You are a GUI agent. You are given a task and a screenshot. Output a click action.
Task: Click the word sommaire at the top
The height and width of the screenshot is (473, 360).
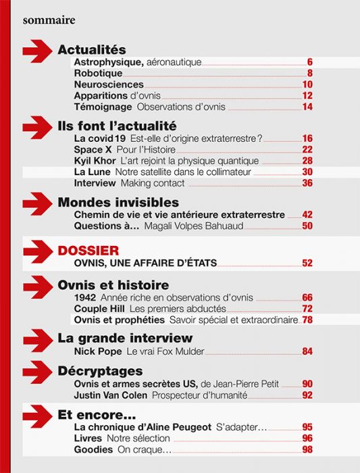pos(49,20)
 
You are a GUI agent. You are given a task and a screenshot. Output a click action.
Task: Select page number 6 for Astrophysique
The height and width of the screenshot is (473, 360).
pos(309,62)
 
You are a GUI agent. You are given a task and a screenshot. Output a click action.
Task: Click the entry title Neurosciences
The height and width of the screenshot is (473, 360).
pos(109,84)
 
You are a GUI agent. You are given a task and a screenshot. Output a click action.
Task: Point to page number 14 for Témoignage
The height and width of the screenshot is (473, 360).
pos(307,107)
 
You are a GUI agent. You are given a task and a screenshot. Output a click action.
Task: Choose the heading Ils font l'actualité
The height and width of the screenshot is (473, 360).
pos(117,126)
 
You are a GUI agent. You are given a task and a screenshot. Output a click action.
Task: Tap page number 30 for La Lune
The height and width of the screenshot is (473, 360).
pos(307,172)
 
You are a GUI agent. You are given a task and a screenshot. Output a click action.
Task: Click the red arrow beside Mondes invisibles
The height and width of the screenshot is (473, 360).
pos(38,203)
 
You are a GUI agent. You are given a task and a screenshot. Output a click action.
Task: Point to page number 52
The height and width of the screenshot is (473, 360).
pos(307,264)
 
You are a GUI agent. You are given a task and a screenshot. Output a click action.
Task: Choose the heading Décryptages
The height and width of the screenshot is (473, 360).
pos(100,371)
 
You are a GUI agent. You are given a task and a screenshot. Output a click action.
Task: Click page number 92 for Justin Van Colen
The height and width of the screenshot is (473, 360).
pos(307,395)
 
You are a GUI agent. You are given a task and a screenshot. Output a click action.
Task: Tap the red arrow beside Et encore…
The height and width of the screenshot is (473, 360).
pos(38,414)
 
